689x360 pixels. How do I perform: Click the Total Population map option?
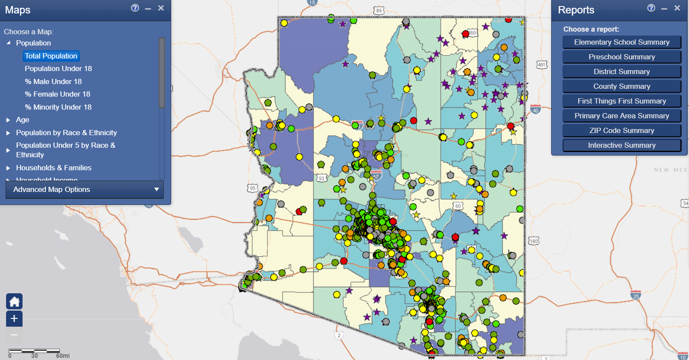(51, 56)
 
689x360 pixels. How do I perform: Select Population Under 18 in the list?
(58, 68)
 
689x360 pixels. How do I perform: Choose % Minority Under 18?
(58, 107)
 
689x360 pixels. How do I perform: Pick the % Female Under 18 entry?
(57, 94)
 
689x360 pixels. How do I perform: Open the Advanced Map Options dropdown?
(84, 189)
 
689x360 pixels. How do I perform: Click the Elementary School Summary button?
(621, 42)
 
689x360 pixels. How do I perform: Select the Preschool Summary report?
(621, 57)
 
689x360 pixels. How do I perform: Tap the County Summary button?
(621, 86)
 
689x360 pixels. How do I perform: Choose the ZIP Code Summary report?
(621, 130)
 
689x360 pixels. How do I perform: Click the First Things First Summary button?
(621, 101)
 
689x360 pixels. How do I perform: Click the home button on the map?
(14, 302)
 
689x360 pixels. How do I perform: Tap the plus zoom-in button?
(14, 318)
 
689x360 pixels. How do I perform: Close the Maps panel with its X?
(161, 8)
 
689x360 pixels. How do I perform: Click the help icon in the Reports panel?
(651, 8)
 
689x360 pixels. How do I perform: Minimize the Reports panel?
(664, 8)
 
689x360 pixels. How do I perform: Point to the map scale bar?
(34, 351)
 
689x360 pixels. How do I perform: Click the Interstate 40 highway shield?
(536, 110)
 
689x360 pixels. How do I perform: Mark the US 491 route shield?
(542, 65)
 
